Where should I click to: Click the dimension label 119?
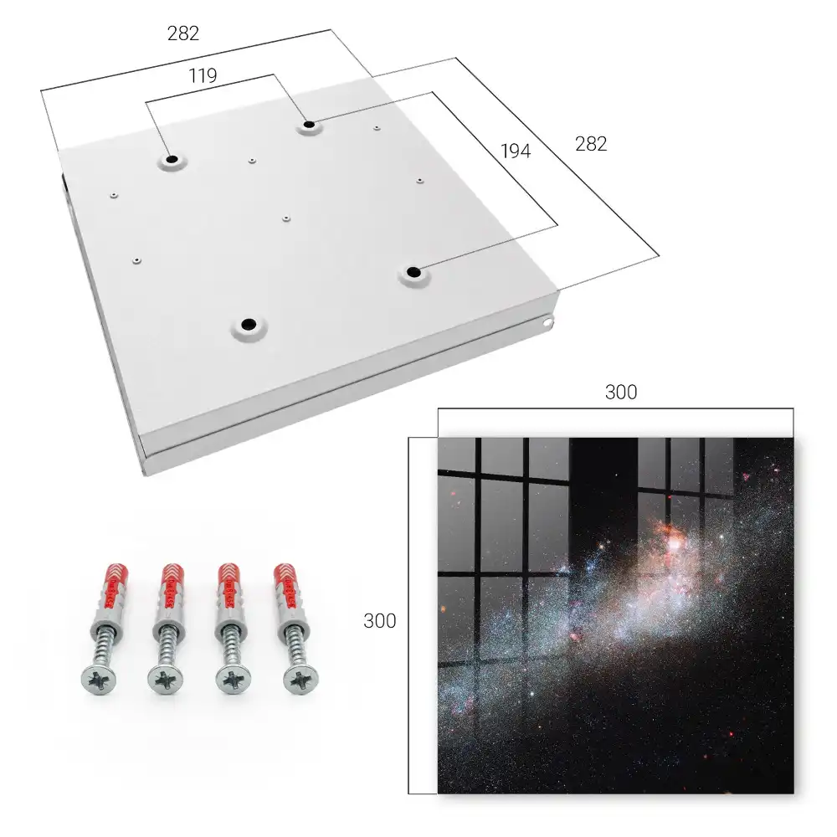pyautogui.click(x=203, y=76)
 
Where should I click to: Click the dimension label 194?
pyautogui.click(x=516, y=151)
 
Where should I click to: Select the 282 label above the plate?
pyautogui.click(x=183, y=33)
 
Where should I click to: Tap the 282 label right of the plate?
pyautogui.click(x=591, y=144)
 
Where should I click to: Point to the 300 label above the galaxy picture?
pyautogui.click(x=621, y=393)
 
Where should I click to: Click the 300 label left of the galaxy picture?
pyautogui.click(x=379, y=621)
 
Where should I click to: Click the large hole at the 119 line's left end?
pyautogui.click(x=172, y=159)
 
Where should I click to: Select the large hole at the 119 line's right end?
pyautogui.click(x=309, y=126)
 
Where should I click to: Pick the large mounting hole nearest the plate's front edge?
pyautogui.click(x=249, y=324)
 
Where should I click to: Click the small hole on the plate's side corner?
pyautogui.click(x=547, y=322)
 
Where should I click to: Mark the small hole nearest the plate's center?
pyautogui.click(x=286, y=218)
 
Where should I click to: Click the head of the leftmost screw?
pyautogui.click(x=100, y=680)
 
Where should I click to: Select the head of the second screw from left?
pyautogui.click(x=166, y=680)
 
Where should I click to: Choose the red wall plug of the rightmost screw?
pyautogui.click(x=285, y=586)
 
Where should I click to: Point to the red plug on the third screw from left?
pyautogui.click(x=229, y=586)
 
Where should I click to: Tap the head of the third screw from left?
pyautogui.click(x=234, y=680)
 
